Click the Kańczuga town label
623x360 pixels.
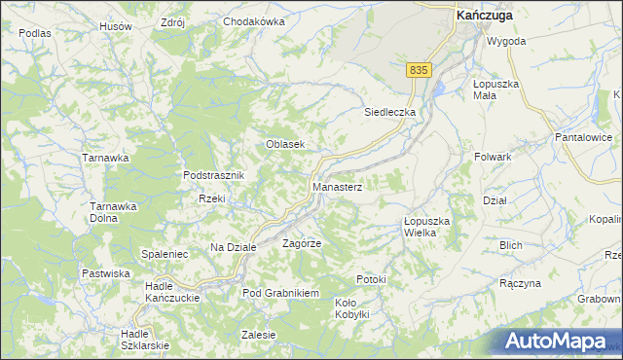coord(485,15)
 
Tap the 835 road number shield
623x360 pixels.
coord(419,70)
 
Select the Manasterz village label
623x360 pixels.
coord(337,186)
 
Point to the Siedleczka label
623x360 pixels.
coord(390,112)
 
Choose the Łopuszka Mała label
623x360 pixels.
coord(496,90)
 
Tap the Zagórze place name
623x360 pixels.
coord(302,242)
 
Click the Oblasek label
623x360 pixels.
coord(286,144)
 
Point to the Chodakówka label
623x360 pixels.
coord(253,21)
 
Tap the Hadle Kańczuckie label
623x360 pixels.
coord(172,291)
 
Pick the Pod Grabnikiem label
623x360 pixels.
coord(281,292)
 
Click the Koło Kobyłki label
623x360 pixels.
coord(351,307)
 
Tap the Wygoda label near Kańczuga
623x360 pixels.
coord(506,42)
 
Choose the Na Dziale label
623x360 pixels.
coord(233,247)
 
